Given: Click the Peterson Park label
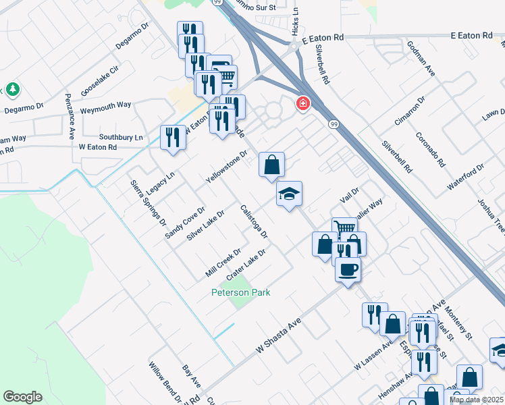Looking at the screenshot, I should click(x=240, y=293).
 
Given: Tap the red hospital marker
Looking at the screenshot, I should click(x=303, y=104).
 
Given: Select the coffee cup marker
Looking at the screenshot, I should click(x=348, y=270).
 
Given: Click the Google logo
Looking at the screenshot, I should click(x=22, y=397).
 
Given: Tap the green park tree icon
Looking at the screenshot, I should click(x=12, y=89).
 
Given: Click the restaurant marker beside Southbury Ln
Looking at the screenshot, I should click(x=172, y=137).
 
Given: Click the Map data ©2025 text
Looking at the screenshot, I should click(x=476, y=400).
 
